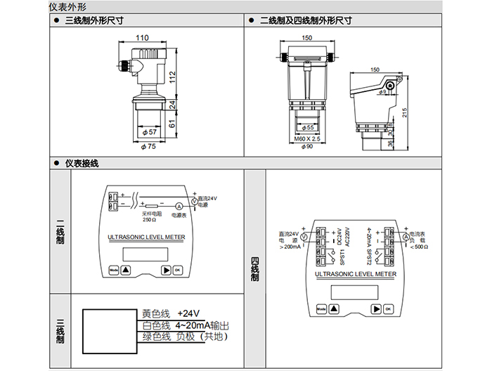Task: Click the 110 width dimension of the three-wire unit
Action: pyautogui.click(x=142, y=37)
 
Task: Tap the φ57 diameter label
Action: pyautogui.click(x=149, y=132)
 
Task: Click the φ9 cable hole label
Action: pyautogui.click(x=383, y=91)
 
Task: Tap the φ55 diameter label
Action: pyautogui.click(x=306, y=127)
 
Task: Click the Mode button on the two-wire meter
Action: pyautogui.click(x=114, y=269)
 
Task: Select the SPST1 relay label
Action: pyautogui.click(x=343, y=254)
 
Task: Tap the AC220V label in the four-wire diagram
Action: pyautogui.click(x=347, y=235)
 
